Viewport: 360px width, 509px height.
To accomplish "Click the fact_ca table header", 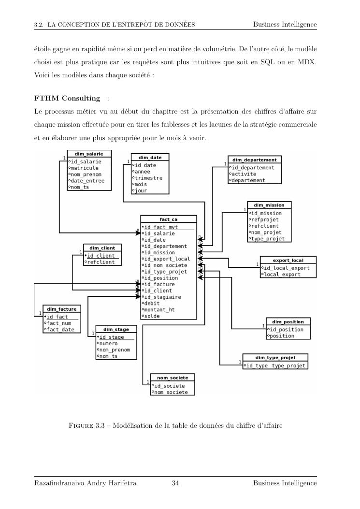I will tap(169, 219).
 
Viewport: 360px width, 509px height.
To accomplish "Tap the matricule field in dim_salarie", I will tap(85, 168).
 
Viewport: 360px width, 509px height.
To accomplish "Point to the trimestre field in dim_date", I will tap(149, 177).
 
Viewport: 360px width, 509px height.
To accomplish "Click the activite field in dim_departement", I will tap(244, 174).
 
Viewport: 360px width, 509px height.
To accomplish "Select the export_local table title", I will tap(288, 260).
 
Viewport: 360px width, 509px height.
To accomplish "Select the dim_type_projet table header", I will tap(274, 358).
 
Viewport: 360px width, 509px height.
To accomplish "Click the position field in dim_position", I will tap(281, 335).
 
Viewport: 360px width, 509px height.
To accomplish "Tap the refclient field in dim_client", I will tap(101, 262).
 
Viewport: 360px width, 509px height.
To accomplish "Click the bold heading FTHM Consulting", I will tap(67, 99).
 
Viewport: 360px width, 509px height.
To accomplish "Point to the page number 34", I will tap(175, 483).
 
